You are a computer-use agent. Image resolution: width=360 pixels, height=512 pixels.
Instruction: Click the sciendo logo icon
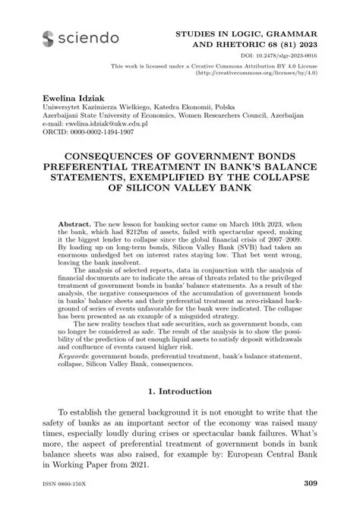49,37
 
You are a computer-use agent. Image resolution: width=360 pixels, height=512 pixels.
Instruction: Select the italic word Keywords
77,354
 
